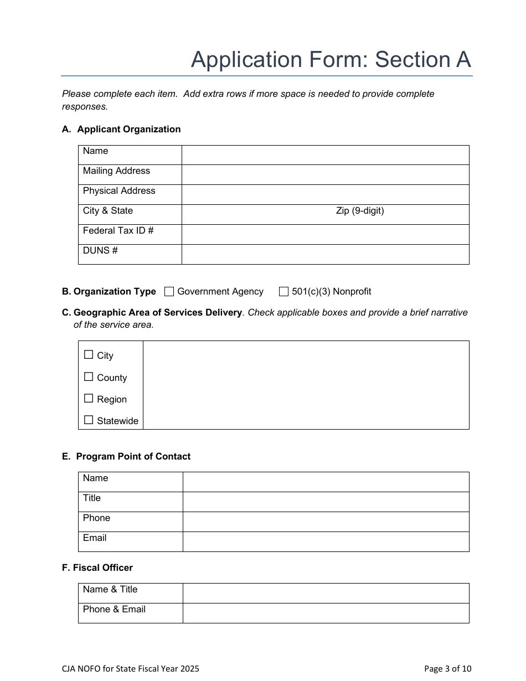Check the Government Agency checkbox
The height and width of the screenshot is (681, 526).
point(169,292)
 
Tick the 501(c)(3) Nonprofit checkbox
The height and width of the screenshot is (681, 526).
point(284,292)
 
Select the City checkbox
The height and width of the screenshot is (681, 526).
point(89,355)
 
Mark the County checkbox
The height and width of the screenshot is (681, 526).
point(89,377)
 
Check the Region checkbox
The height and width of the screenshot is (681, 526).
point(89,399)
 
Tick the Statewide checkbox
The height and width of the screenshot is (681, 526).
point(89,420)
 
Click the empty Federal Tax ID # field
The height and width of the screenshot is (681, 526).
point(325,234)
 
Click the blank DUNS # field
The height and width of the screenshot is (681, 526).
point(325,254)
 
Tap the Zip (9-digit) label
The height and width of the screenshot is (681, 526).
point(360,211)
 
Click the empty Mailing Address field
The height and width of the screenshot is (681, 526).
point(325,174)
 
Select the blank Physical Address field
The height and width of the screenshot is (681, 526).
point(325,194)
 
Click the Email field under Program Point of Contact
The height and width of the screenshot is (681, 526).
point(326,541)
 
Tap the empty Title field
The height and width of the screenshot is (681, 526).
point(326,502)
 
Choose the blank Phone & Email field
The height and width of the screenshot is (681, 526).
point(326,613)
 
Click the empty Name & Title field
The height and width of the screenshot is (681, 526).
point(326,593)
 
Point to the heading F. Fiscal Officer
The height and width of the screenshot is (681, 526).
point(97,568)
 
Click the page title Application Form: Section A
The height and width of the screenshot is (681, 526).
point(331,60)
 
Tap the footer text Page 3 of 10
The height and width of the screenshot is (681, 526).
point(447,669)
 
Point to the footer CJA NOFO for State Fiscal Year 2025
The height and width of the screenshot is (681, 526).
point(131,669)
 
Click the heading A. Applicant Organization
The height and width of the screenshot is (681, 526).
point(121,130)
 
